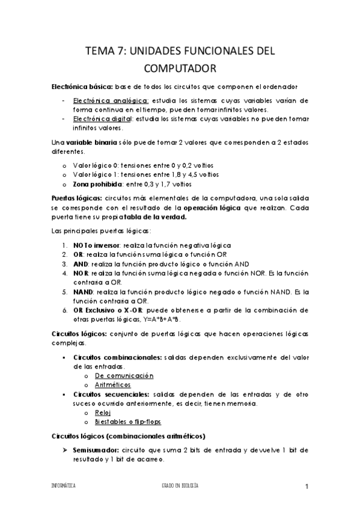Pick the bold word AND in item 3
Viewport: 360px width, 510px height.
coord(81,265)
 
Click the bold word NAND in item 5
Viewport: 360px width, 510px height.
coord(84,292)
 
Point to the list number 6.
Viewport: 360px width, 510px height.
coord(64,310)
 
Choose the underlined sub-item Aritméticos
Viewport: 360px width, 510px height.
coord(112,384)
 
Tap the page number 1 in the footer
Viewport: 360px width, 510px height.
coord(306,486)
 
